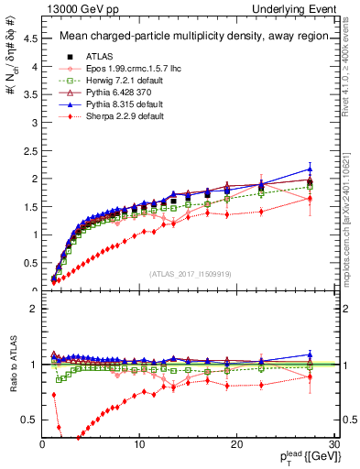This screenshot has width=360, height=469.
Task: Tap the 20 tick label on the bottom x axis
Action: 236,444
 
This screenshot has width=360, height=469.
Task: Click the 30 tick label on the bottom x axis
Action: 333,444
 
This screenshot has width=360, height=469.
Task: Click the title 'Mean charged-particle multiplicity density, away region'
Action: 188,37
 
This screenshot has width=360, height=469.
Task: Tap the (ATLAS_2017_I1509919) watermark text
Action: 190,272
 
